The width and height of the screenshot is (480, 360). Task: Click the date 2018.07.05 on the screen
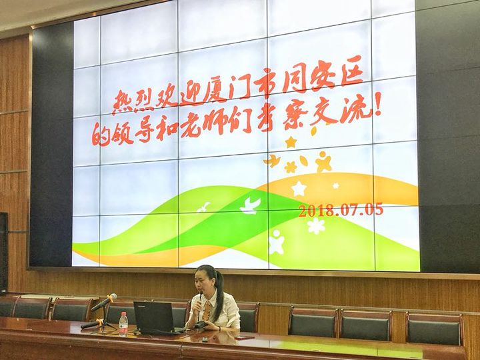pyautogui.click(x=341, y=210)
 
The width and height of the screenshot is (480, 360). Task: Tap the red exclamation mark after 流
pyautogui.click(x=378, y=106)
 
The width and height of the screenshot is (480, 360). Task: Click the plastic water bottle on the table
pyautogui.click(x=123, y=324)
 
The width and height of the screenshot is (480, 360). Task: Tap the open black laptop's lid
pyautogui.click(x=154, y=316)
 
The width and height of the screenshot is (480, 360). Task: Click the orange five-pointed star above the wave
pyautogui.click(x=291, y=142)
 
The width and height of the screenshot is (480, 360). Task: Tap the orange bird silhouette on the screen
pyautogui.click(x=273, y=161)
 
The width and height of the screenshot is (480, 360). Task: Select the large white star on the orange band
pyautogui.click(x=299, y=189)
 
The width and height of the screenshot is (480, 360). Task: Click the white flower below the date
pyautogui.click(x=316, y=226)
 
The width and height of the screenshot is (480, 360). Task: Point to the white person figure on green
pyautogui.click(x=276, y=243)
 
